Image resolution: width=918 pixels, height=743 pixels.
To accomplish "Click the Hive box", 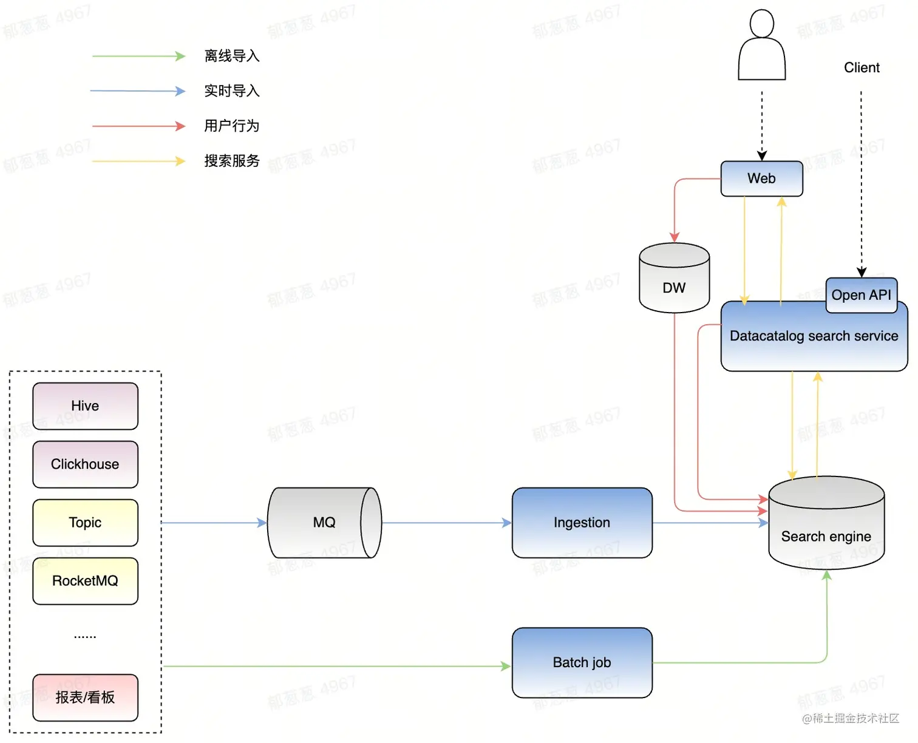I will click(85, 405).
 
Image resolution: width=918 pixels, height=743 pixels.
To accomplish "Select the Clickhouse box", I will click(85, 464).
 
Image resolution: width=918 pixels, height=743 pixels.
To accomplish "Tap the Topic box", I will click(85, 523).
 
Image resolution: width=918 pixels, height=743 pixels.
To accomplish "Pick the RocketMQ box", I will click(85, 581).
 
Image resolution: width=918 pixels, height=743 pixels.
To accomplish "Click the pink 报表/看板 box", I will click(85, 697).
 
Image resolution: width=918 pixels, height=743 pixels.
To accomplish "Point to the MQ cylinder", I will click(324, 523).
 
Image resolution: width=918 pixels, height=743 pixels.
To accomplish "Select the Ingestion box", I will click(582, 523).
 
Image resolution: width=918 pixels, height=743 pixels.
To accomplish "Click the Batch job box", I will click(582, 662).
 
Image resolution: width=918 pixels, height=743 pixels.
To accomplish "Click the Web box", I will click(761, 178).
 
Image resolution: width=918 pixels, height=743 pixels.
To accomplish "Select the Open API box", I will click(861, 295).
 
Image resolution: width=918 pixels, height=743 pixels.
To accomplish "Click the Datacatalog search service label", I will click(814, 336).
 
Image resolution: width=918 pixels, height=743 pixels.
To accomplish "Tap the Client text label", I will click(862, 68).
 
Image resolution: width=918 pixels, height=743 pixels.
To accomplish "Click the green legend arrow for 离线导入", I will click(138, 56).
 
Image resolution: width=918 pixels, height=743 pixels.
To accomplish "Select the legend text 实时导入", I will click(232, 91).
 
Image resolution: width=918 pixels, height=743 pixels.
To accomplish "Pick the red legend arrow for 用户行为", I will click(138, 126).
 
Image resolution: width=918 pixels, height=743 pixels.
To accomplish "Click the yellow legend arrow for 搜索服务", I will click(138, 161).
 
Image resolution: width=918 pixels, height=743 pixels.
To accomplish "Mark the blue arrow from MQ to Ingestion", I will click(446, 523).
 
